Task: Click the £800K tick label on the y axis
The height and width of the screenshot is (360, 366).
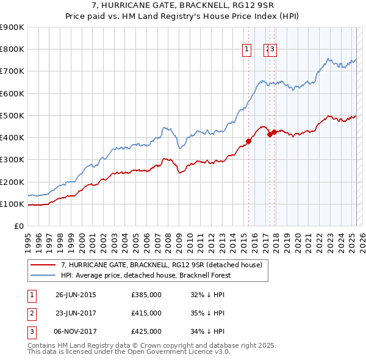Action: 12,49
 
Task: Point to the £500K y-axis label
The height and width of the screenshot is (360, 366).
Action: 12,115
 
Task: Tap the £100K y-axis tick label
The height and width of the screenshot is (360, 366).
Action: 12,204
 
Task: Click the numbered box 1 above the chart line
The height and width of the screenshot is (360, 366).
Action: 247,50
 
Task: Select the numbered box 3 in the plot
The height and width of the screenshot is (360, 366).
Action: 272,50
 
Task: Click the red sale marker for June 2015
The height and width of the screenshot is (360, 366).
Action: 248,141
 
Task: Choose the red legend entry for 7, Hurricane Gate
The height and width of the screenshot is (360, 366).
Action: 162,265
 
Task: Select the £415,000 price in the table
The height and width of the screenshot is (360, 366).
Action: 146,314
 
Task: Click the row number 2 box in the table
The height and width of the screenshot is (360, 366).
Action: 31,314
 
